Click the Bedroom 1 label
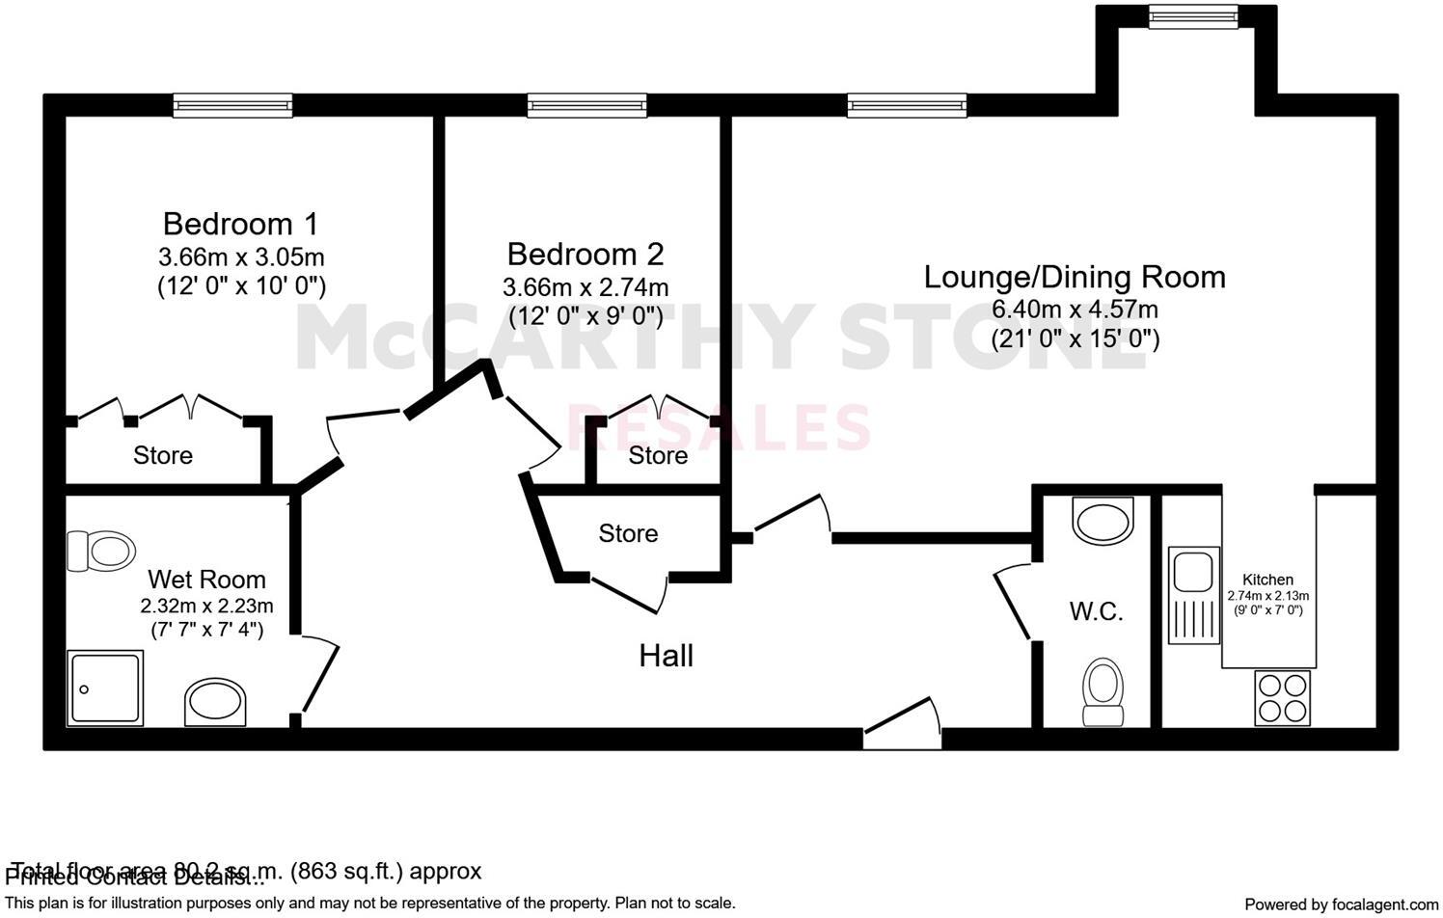(x=240, y=224)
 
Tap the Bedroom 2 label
(x=585, y=255)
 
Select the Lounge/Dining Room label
(x=1075, y=277)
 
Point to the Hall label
(x=666, y=656)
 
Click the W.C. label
(x=1096, y=611)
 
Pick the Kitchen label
(x=1267, y=580)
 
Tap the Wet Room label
(x=206, y=580)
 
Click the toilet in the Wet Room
(x=100, y=551)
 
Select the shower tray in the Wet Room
(x=105, y=688)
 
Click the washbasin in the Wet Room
(x=215, y=701)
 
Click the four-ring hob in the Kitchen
(x=1283, y=697)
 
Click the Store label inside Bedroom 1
(x=163, y=455)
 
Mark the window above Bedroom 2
(x=586, y=105)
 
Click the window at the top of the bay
(x=1192, y=15)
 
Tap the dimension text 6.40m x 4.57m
(x=1075, y=310)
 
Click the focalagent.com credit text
(x=1341, y=904)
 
